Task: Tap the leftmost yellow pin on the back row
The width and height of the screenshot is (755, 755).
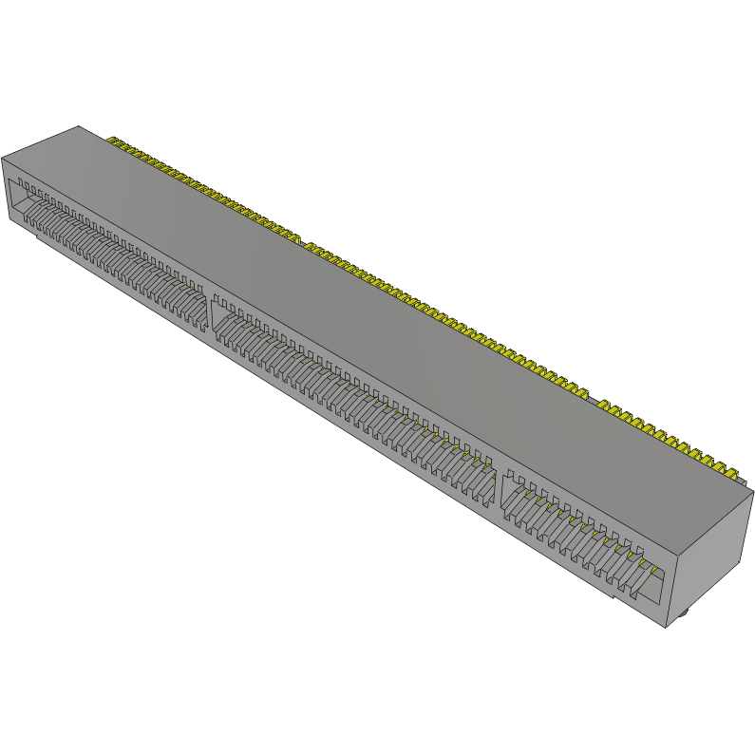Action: click(x=111, y=142)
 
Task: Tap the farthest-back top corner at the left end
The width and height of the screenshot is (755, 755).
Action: click(x=79, y=127)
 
